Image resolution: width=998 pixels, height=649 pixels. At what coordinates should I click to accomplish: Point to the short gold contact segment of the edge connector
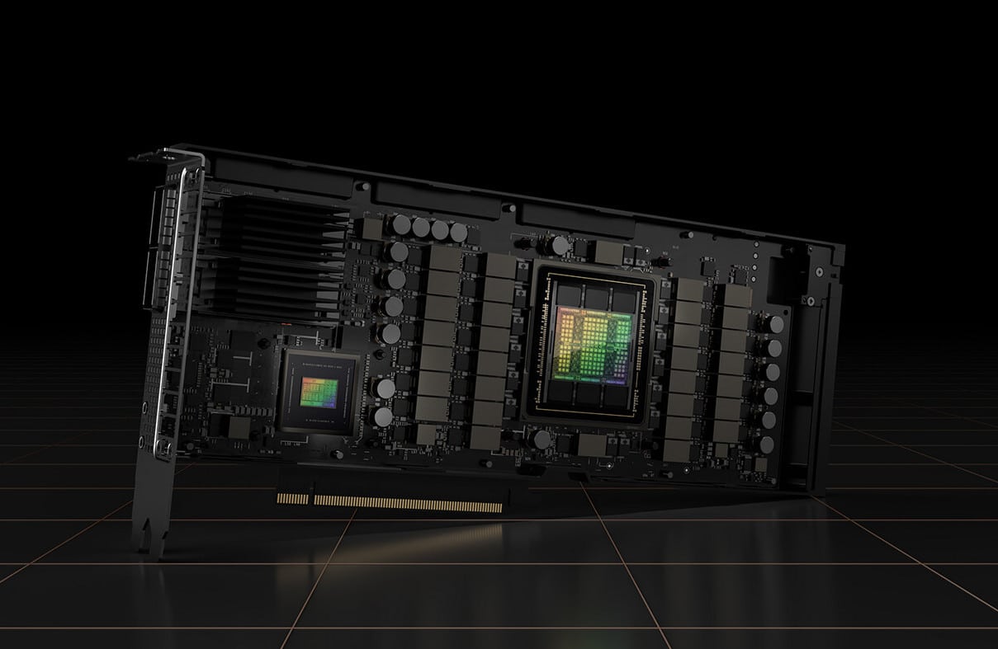pos(292,498)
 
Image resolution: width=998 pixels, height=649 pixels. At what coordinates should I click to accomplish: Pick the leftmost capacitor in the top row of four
pos(402,223)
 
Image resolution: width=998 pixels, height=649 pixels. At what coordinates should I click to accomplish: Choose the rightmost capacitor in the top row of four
pos(458,233)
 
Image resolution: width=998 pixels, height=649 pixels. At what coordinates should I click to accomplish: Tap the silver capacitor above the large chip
pos(560,245)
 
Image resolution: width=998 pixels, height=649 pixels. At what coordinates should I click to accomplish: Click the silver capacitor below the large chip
pos(541,440)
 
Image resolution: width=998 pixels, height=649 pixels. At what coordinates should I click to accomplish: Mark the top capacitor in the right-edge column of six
pos(776,325)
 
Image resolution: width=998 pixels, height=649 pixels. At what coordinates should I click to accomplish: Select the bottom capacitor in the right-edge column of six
pos(766,444)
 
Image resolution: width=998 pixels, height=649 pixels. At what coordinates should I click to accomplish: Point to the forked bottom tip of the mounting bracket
pos(151,537)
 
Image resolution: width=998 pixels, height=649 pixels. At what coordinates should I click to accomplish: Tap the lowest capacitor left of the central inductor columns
pos(383,416)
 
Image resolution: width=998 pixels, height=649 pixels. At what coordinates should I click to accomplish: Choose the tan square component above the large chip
pos(608,253)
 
